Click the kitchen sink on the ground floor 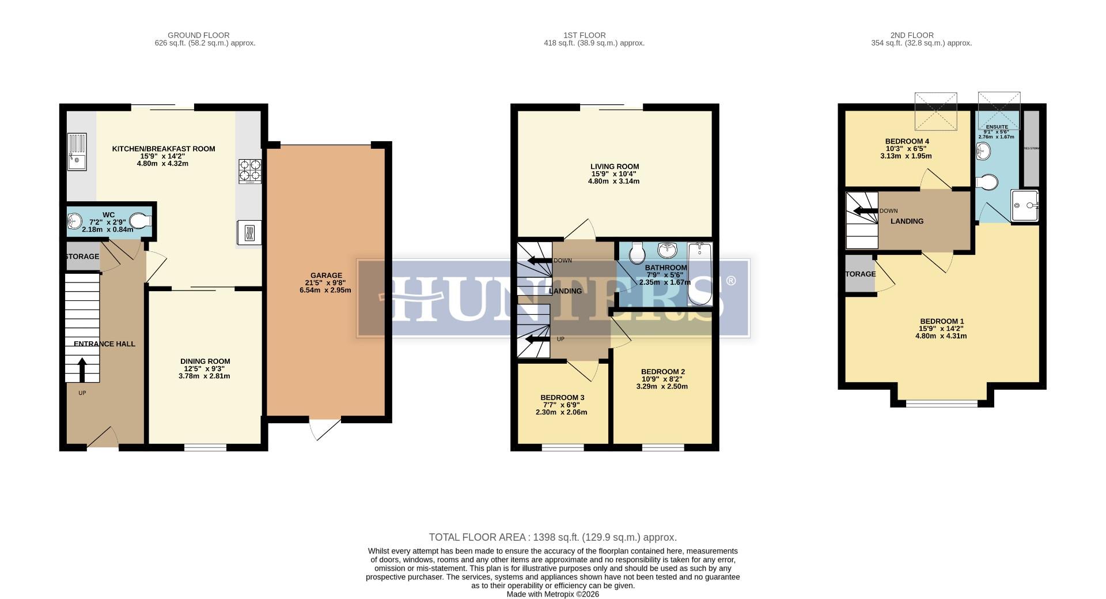tap(77, 152)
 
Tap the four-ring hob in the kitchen tap(249, 171)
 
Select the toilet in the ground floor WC tap(139, 221)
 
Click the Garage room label tap(326, 276)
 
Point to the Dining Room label tap(205, 361)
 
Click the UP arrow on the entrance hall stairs tap(82, 370)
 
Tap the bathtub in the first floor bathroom tap(700, 274)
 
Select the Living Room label tap(614, 167)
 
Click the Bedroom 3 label tap(562, 398)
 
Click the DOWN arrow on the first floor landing tap(539, 261)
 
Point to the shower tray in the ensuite tap(1025, 205)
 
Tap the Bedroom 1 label tap(941, 322)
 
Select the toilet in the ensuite tap(988, 182)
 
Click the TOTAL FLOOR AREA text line tap(552, 537)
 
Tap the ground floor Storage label tap(82, 257)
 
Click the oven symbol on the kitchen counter tap(249, 232)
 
